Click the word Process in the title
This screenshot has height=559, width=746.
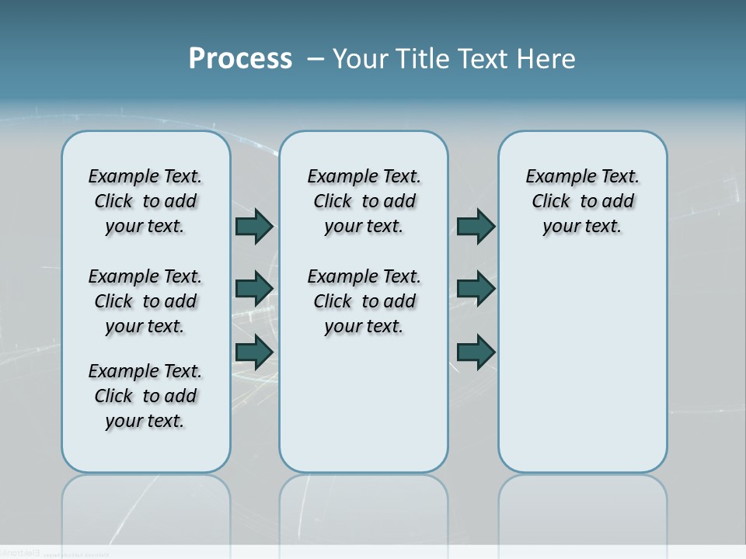[x=240, y=58]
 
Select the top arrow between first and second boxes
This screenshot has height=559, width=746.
[x=254, y=226]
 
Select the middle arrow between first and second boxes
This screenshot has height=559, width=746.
[x=254, y=289]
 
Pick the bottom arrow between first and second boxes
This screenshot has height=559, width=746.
[x=254, y=352]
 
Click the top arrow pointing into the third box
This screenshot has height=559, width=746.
[x=476, y=226]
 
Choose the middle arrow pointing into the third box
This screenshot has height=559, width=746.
[x=476, y=289]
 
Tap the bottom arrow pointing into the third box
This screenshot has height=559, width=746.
[x=476, y=352]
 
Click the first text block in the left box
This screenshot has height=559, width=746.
[x=145, y=201]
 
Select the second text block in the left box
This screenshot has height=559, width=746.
[x=145, y=301]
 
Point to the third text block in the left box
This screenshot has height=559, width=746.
[x=145, y=396]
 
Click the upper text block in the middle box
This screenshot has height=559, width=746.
[x=364, y=201]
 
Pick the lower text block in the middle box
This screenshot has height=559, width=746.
[x=364, y=301]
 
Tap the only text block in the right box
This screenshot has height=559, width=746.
[x=583, y=201]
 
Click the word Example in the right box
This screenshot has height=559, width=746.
[x=553, y=177]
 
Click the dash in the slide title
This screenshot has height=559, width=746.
[x=315, y=59]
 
